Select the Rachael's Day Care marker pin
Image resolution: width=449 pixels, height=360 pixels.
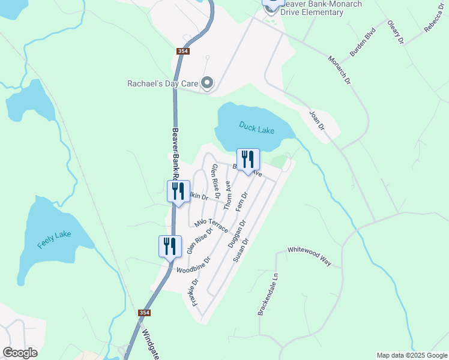pyautogui.click(x=207, y=83)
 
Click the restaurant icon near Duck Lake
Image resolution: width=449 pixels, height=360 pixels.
pyautogui.click(x=248, y=160)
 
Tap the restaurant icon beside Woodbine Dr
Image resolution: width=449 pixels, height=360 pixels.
pyautogui.click(x=170, y=246)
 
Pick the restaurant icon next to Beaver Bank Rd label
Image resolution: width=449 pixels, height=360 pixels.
pyautogui.click(x=178, y=191)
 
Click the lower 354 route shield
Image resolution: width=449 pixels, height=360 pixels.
pyautogui.click(x=144, y=313)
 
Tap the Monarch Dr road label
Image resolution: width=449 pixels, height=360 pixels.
pyautogui.click(x=339, y=71)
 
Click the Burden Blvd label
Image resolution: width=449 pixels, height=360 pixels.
pyautogui.click(x=363, y=42)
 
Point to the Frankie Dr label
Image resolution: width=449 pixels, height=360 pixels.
pyautogui.click(x=195, y=291)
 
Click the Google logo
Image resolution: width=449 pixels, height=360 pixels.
pyautogui.click(x=20, y=353)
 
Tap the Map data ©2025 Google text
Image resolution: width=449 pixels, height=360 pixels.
pyautogui.click(x=411, y=355)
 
